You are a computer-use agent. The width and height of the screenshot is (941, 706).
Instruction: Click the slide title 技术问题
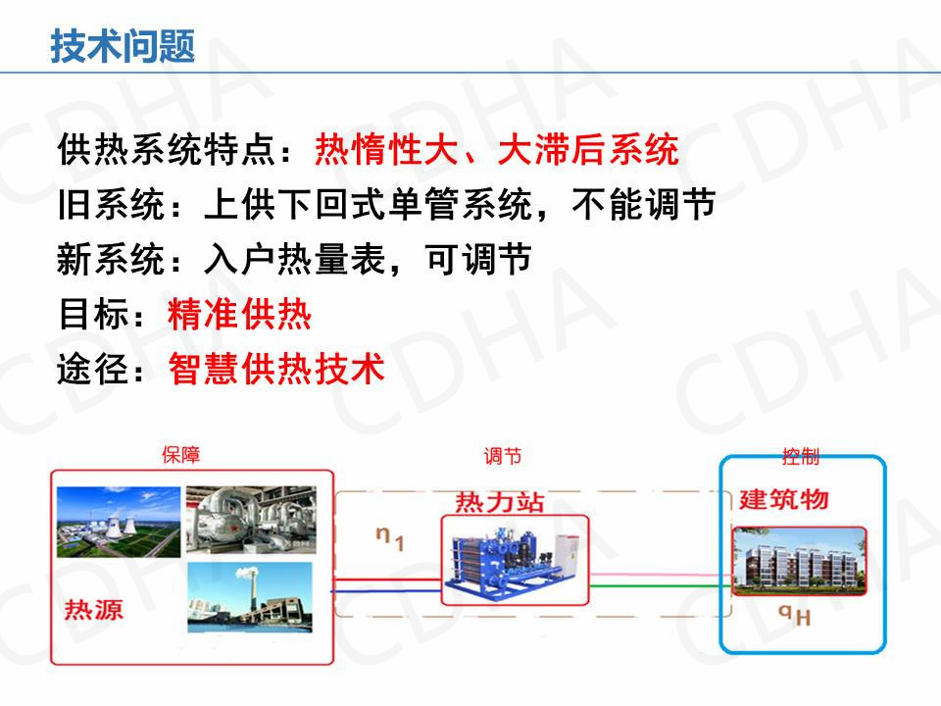tap(123, 46)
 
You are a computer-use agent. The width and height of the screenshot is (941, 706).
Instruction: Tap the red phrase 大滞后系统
tap(588, 149)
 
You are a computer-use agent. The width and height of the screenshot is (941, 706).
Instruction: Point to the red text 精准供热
tap(239, 314)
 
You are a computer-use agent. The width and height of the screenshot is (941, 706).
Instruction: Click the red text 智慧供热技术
tap(276, 368)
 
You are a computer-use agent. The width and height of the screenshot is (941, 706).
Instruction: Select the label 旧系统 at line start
tap(111, 204)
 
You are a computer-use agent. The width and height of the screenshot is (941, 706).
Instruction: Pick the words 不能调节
tap(643, 204)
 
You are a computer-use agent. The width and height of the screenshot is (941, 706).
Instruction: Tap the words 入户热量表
tap(295, 259)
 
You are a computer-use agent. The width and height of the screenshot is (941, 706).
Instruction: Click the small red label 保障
tap(180, 454)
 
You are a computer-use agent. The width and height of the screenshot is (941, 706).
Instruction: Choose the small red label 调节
tap(503, 456)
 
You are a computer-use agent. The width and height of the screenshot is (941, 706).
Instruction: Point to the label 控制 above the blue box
tap(801, 456)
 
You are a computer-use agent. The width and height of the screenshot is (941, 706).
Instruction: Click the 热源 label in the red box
tap(94, 610)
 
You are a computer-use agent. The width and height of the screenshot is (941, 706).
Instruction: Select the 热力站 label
tap(499, 502)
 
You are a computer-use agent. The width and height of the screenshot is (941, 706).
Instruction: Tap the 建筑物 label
tap(784, 499)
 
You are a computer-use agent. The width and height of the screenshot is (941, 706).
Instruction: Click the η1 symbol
tap(390, 538)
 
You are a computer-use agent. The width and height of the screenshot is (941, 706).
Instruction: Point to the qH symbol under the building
tap(795, 615)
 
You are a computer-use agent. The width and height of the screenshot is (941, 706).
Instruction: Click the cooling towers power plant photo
tap(119, 522)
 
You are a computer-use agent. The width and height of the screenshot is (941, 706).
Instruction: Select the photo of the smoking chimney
tap(250, 597)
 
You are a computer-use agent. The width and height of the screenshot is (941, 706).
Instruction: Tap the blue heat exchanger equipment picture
tap(514, 560)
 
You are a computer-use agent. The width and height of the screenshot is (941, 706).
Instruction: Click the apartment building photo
tap(800, 561)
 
